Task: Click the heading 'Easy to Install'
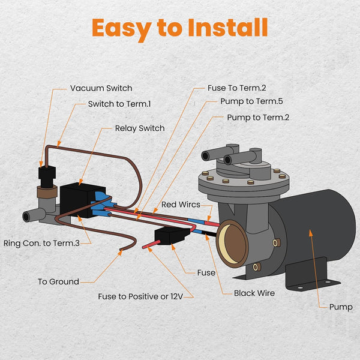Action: pos(179,28)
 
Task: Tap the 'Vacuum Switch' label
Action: pos(101,88)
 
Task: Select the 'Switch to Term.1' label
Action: pos(119,104)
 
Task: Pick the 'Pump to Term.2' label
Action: pos(258,117)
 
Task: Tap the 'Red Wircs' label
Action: pos(181,205)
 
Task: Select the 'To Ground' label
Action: pos(58,281)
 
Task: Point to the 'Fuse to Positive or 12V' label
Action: pos(145,296)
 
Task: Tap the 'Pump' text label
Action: pos(341,307)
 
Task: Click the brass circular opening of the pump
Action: pos(232,242)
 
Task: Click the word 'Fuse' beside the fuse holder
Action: pos(206,272)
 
